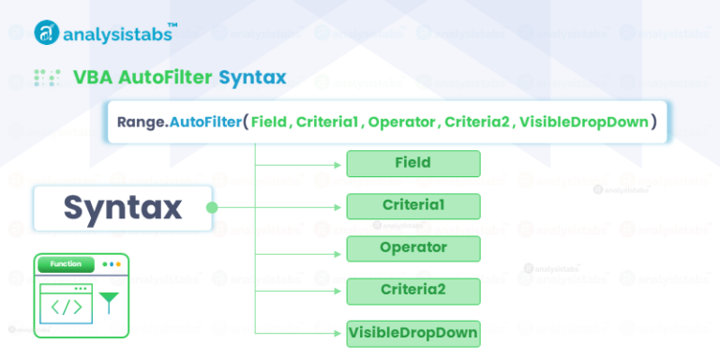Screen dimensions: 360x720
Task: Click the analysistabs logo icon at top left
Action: pyautogui.click(x=47, y=33)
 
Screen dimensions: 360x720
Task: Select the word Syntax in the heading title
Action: pyautogui.click(x=252, y=77)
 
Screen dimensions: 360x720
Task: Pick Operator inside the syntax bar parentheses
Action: pyautogui.click(x=401, y=122)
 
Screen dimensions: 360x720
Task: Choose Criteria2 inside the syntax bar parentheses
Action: pyautogui.click(x=476, y=122)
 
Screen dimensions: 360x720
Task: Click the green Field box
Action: pyautogui.click(x=413, y=163)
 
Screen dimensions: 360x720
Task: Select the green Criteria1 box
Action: pyautogui.click(x=413, y=205)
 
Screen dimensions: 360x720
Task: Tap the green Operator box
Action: pyautogui.click(x=413, y=247)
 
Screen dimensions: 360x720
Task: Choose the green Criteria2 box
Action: pyautogui.click(x=413, y=290)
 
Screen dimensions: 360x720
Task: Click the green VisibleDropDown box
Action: pyautogui.click(x=413, y=332)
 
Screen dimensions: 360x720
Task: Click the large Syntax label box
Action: pyautogui.click(x=122, y=207)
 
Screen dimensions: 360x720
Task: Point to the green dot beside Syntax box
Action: pyautogui.click(x=212, y=207)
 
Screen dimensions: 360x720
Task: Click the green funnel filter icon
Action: pyautogui.click(x=110, y=302)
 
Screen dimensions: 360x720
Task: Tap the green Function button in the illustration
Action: pyautogui.click(x=66, y=264)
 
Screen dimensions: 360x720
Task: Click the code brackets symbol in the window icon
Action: pyautogui.click(x=66, y=307)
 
